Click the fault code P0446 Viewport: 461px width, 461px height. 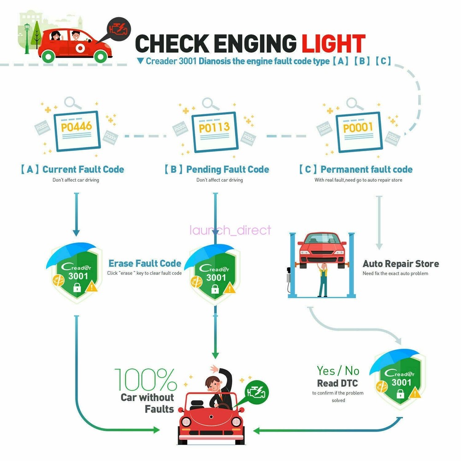(77, 125)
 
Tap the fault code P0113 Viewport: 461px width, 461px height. (214, 127)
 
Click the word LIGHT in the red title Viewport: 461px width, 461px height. (333, 43)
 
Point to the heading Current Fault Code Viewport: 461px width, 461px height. (83, 169)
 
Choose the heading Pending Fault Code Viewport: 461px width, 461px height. (227, 169)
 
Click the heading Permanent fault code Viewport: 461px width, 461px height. (366, 169)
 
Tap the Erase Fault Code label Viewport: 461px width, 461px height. (145, 263)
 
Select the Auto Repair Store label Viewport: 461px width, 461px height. (401, 264)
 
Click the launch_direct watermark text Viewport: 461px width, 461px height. (230, 230)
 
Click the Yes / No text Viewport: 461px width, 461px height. (337, 370)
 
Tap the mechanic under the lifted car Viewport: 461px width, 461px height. (323, 279)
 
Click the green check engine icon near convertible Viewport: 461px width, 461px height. (256, 392)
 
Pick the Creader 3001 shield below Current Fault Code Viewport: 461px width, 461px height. (75, 274)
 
